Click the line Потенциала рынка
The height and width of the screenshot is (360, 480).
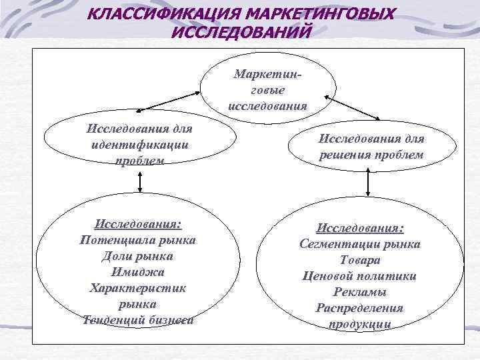coord(137,239)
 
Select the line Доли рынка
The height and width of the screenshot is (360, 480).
coord(137,255)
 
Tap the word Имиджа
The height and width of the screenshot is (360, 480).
coord(137,271)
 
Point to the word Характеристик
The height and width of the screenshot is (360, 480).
coord(137,287)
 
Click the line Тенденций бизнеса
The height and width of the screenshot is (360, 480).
coord(138,319)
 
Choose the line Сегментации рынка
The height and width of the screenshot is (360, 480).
coord(360,244)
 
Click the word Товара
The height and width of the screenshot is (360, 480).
coord(360,260)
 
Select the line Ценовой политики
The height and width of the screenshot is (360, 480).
coord(360,276)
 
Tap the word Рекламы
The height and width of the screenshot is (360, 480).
coord(360,292)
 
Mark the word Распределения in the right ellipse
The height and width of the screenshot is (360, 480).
coord(360,308)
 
